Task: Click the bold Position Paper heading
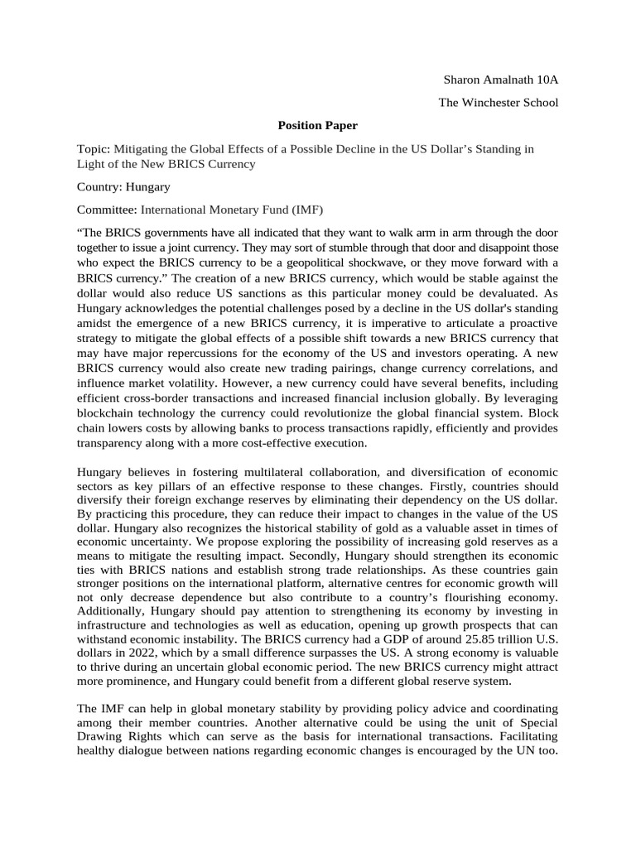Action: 317,126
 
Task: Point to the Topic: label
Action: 93,149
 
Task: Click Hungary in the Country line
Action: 148,187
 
